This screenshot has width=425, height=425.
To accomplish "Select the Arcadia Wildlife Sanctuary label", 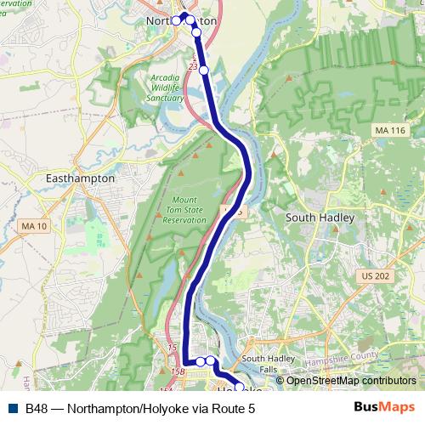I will [167, 88].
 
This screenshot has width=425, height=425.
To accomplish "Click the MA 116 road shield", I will [389, 128].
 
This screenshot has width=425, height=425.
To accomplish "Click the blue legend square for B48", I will [12, 408].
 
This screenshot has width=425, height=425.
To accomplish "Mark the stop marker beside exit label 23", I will [204, 70].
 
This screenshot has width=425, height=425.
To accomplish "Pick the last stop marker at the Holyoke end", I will [239, 387].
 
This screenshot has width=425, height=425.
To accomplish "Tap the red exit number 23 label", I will [194, 65].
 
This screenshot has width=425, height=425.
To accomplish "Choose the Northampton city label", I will [181, 20].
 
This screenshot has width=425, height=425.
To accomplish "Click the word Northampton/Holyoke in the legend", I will [128, 408].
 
